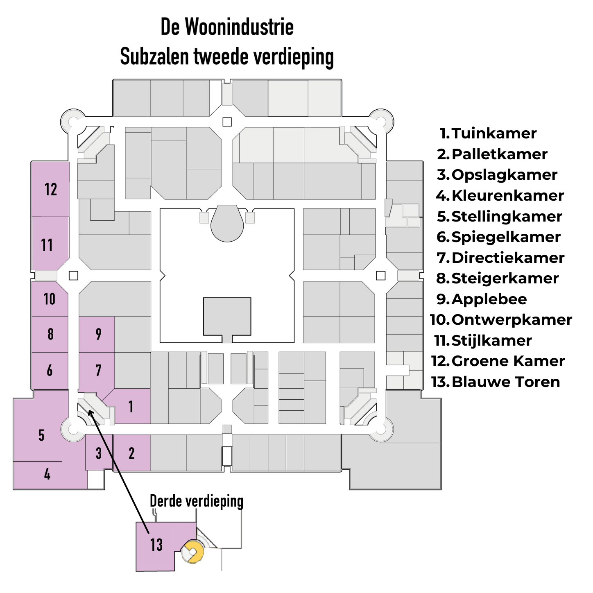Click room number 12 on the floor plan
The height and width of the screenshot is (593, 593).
(x=50, y=189)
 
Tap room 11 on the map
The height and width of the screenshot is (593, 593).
(x=47, y=245)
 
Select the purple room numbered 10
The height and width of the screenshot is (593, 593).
(x=50, y=299)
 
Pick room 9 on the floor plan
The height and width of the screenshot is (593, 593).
(x=98, y=334)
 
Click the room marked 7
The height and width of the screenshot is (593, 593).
(x=98, y=370)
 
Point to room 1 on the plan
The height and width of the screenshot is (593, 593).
(x=131, y=406)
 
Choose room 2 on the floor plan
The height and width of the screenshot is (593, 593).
(x=131, y=453)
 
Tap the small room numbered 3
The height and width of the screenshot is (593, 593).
(x=99, y=453)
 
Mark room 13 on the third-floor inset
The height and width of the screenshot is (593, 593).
(x=156, y=545)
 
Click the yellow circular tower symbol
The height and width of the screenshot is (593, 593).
(x=193, y=551)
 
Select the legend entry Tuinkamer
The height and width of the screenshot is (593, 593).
(x=493, y=134)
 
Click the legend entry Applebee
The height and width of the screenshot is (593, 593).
(x=489, y=299)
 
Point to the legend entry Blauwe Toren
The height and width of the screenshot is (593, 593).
(x=505, y=382)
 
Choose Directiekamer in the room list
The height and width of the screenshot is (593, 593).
(x=508, y=258)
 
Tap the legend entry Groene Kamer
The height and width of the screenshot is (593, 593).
(x=508, y=361)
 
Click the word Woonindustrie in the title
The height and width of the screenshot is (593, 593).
(x=239, y=27)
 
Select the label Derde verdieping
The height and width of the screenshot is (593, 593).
(x=197, y=501)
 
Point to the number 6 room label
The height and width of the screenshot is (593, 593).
(x=50, y=370)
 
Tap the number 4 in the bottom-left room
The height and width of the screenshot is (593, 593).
(x=47, y=474)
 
